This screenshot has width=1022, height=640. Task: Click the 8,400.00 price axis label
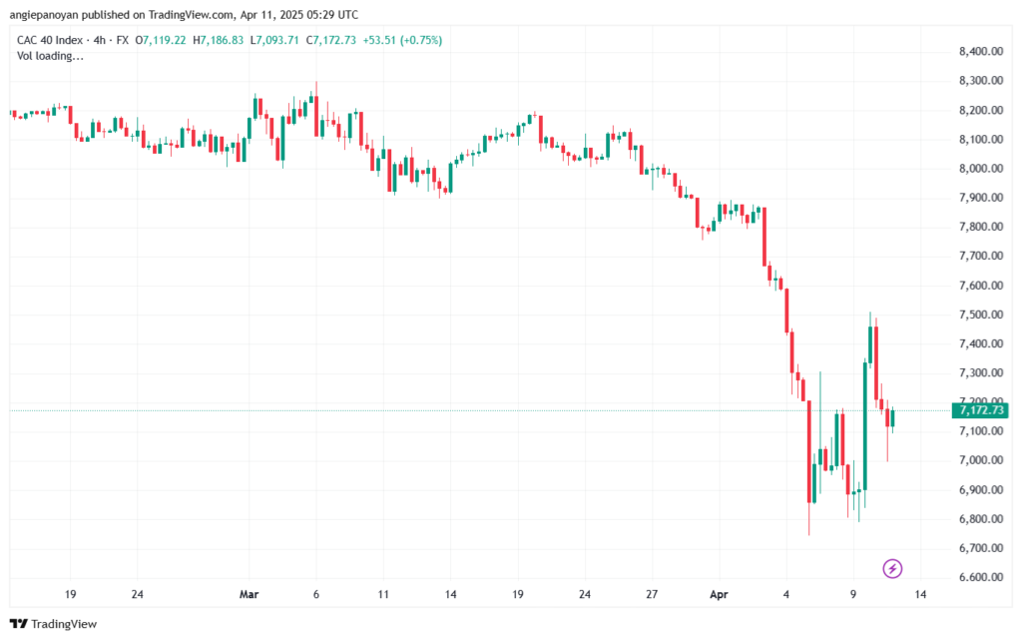pyautogui.click(x=981, y=52)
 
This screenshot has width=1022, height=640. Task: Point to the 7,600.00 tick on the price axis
pyautogui.click(x=981, y=286)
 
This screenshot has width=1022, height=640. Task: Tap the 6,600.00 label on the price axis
pyautogui.click(x=981, y=577)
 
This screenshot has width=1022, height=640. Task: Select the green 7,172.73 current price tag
pyautogui.click(x=980, y=410)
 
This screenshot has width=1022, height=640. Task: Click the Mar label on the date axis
pyautogui.click(x=249, y=594)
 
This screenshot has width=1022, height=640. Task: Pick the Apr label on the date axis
pyautogui.click(x=719, y=594)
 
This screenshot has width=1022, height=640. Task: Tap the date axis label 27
pyautogui.click(x=652, y=594)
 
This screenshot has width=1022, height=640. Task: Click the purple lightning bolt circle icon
pyautogui.click(x=892, y=569)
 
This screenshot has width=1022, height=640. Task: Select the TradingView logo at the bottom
pyautogui.click(x=54, y=624)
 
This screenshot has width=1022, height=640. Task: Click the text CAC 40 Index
pyautogui.click(x=50, y=40)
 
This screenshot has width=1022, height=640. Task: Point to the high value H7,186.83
pyautogui.click(x=219, y=40)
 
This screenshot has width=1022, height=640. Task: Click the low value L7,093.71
pyautogui.click(x=274, y=40)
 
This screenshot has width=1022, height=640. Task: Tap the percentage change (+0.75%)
pyautogui.click(x=421, y=40)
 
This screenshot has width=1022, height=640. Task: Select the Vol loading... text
pyautogui.click(x=50, y=56)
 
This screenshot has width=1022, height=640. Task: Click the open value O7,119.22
pyautogui.click(x=161, y=40)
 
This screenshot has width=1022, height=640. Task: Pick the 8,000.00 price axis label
pyautogui.click(x=981, y=168)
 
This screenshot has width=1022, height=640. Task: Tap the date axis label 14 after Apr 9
pyautogui.click(x=920, y=594)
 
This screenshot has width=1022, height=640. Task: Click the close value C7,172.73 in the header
pyautogui.click(x=331, y=40)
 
